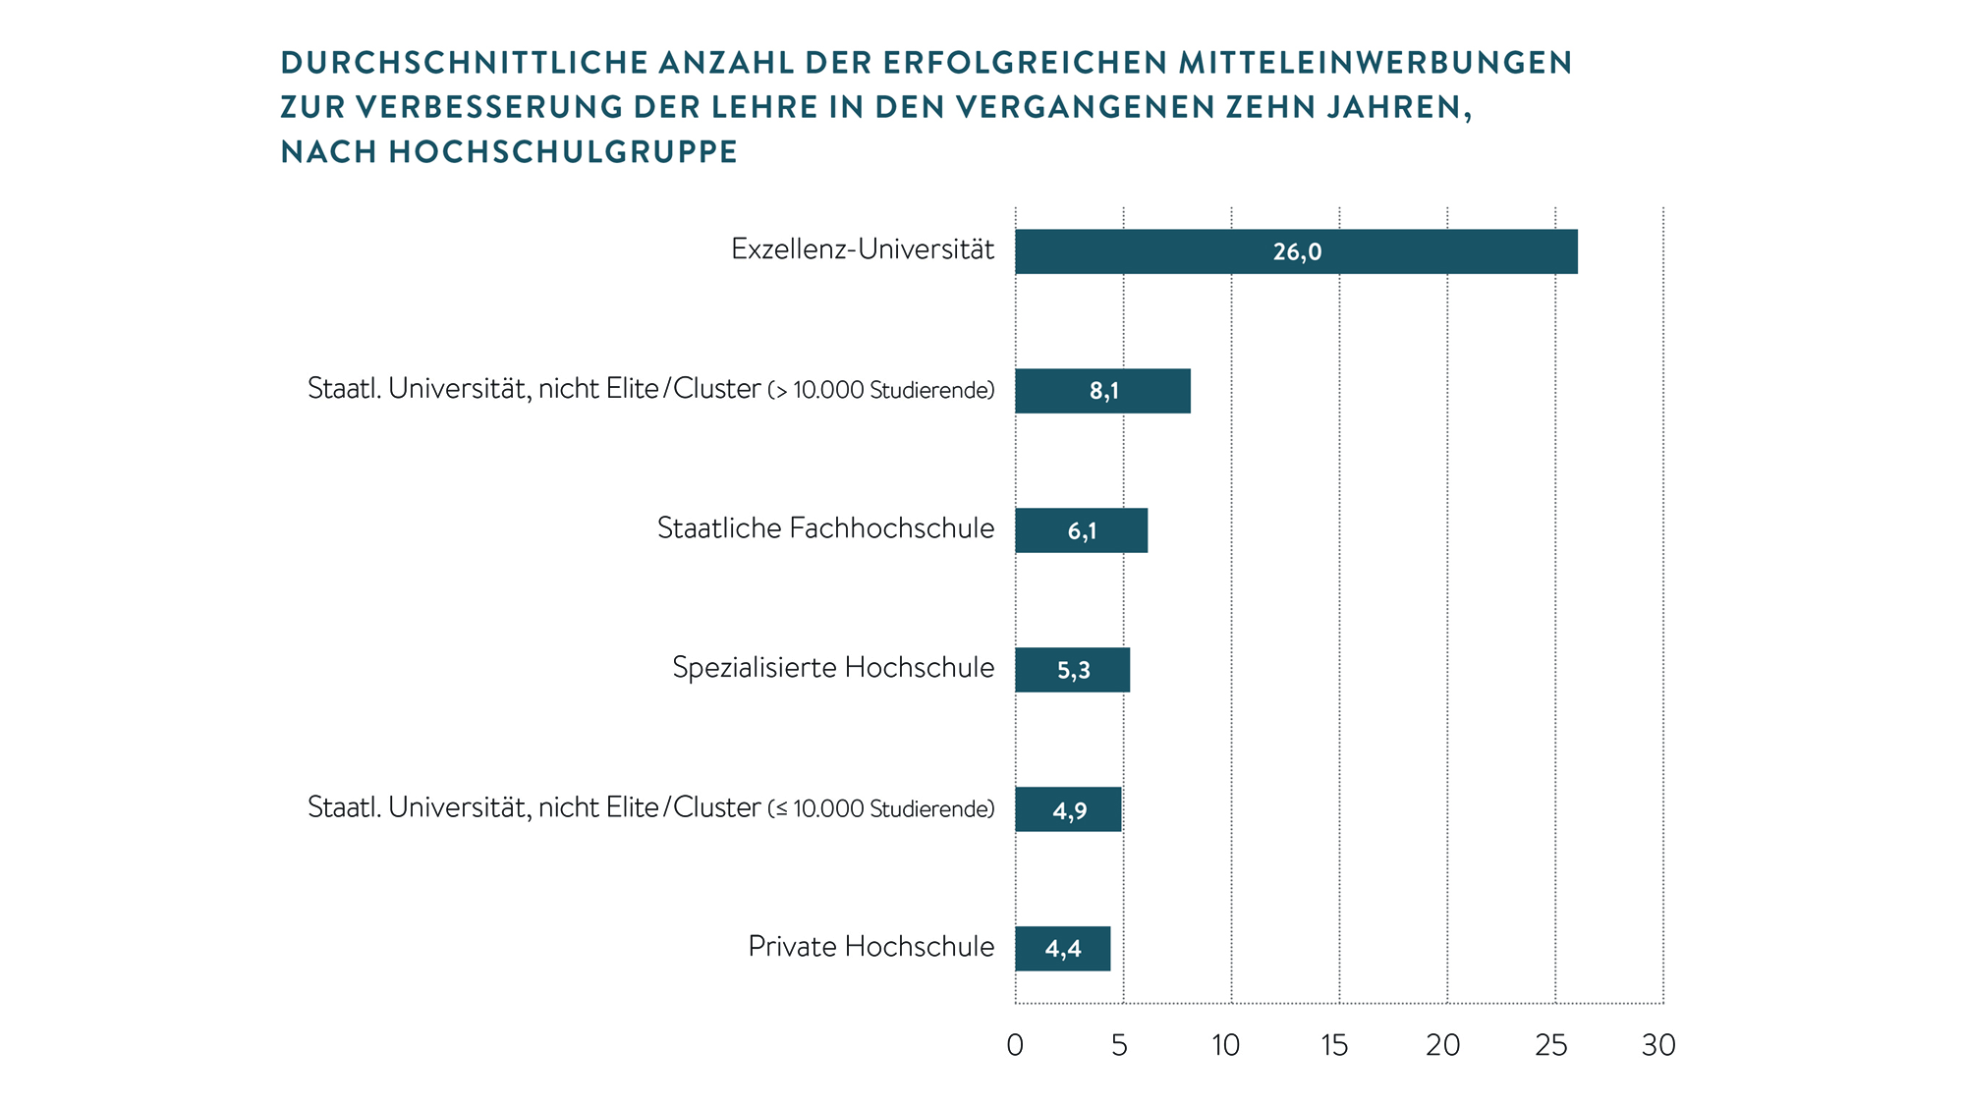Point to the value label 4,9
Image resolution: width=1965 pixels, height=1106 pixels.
[1070, 810]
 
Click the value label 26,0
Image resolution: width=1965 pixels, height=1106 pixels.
[1297, 252]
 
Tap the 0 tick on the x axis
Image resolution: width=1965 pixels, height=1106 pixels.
[1015, 1045]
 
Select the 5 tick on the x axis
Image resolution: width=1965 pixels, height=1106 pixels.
[1120, 1045]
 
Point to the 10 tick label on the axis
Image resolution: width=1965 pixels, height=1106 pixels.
[1226, 1045]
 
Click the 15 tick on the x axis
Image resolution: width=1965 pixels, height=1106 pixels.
[1334, 1045]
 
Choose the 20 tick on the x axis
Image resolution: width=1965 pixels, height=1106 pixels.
[1442, 1045]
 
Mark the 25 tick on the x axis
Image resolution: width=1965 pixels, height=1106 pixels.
[1551, 1045]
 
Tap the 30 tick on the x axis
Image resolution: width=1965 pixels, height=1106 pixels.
[1658, 1045]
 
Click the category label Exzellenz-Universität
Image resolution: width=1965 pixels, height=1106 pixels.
[863, 249]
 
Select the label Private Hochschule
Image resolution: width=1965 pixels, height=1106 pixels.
[870, 947]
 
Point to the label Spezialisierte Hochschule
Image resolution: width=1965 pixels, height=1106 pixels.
[833, 668]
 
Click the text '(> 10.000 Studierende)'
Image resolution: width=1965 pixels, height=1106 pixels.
[881, 391]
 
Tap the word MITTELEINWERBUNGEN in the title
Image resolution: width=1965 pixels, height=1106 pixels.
[1375, 63]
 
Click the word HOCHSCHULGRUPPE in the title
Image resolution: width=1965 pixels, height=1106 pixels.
[563, 152]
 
